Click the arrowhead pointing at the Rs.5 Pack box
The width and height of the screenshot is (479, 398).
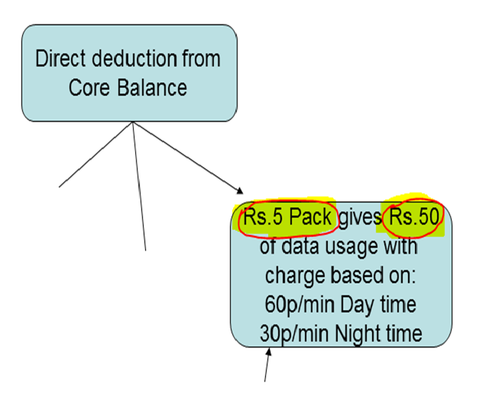(239, 191)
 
